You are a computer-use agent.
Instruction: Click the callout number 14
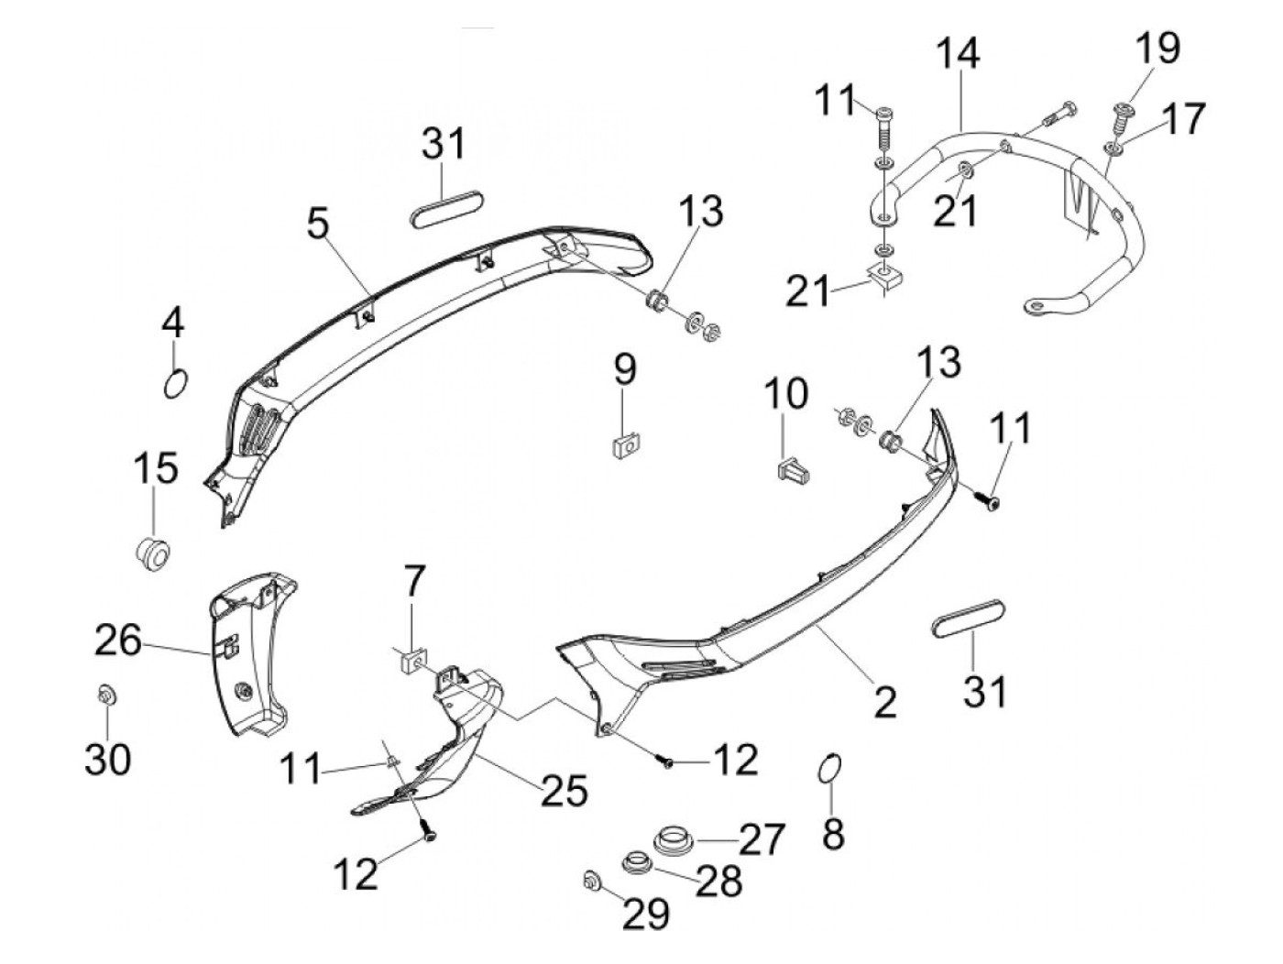[958, 54]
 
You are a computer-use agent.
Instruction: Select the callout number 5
[317, 223]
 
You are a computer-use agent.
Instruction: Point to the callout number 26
[119, 641]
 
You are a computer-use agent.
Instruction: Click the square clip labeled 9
[624, 446]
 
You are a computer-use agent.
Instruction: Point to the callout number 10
[785, 393]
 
